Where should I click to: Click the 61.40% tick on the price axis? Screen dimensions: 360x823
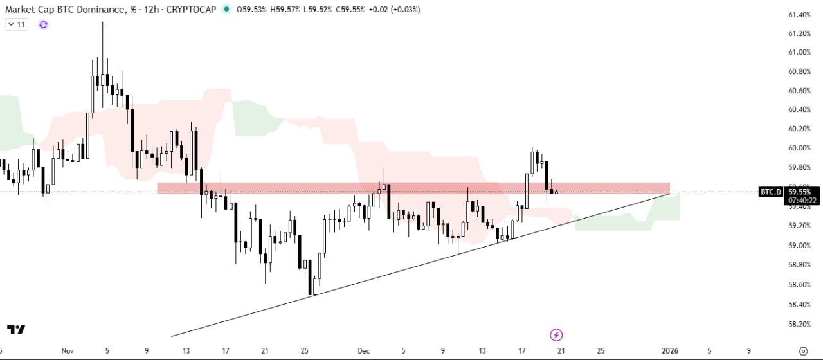[798, 15]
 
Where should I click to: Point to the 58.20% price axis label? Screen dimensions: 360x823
[798, 324]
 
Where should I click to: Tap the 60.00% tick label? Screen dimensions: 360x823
[798, 148]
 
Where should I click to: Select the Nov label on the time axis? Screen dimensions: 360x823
[68, 351]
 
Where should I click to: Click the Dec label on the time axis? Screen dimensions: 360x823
[364, 351]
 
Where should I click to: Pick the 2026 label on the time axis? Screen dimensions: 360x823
[669, 351]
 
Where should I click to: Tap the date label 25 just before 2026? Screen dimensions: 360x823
[601, 351]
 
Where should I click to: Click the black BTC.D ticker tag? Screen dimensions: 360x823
[770, 192]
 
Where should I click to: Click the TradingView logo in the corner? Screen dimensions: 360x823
[17, 330]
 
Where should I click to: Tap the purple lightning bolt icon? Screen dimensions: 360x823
[557, 334]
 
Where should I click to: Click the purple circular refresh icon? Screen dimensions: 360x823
[43, 24]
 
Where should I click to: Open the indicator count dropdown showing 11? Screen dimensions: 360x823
[16, 24]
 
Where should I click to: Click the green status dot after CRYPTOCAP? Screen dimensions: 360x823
[226, 10]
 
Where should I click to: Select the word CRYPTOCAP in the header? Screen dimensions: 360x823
[192, 10]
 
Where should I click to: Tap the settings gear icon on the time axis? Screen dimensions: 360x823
[802, 351]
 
